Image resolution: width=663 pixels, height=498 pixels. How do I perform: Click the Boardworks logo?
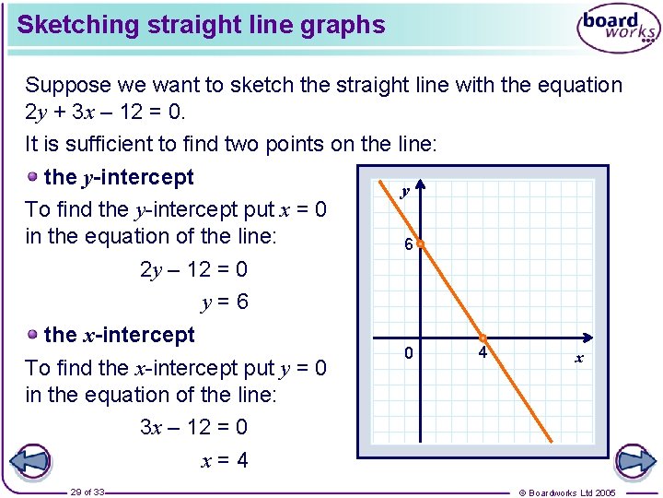618,30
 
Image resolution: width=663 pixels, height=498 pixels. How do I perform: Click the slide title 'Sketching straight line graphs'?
201,25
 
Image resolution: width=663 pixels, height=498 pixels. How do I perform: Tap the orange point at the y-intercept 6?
419,245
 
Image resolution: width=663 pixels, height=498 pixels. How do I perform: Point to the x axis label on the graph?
579,358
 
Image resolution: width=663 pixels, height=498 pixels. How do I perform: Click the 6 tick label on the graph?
408,245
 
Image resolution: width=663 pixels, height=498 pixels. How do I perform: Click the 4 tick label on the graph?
483,353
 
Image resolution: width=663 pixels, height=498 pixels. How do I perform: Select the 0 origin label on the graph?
409,353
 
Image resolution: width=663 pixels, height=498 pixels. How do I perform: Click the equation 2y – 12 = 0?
193,270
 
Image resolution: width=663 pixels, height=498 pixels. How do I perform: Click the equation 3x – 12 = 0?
193,428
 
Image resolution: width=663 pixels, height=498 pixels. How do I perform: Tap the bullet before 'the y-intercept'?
33,177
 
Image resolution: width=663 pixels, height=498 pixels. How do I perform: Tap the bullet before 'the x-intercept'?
33,335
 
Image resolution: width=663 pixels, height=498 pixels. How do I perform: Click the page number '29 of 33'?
87,492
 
